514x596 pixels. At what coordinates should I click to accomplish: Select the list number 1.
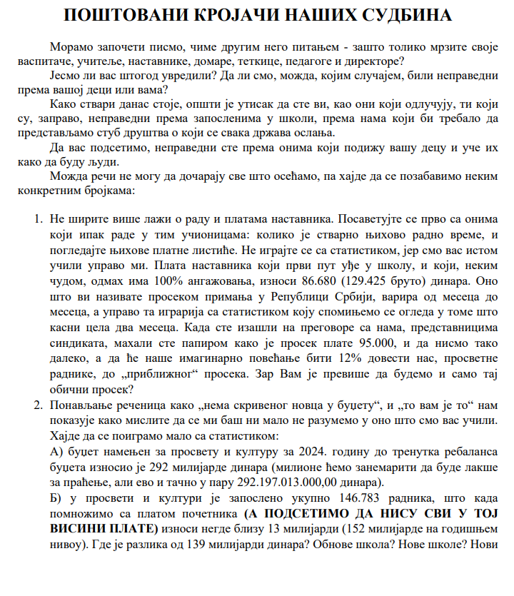[39, 216]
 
